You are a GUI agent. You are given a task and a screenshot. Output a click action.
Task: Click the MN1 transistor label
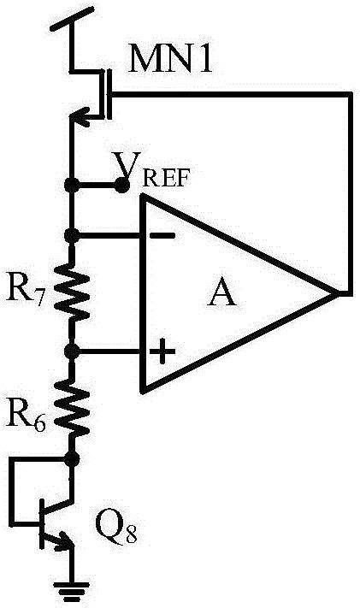coord(170,58)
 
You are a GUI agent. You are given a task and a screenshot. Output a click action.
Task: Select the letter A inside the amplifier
coord(221,292)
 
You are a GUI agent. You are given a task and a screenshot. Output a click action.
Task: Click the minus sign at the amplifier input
coord(162,235)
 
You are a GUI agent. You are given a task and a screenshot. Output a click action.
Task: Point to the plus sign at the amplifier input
coord(162,351)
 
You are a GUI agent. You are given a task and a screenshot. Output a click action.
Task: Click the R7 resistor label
coord(24,292)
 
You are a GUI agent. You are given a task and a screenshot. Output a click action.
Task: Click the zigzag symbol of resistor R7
coord(71,292)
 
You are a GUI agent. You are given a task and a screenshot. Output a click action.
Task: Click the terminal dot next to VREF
coord(121,186)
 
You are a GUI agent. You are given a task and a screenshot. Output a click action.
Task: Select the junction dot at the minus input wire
coord(71,235)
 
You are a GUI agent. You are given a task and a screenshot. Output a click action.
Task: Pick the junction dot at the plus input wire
coord(71,351)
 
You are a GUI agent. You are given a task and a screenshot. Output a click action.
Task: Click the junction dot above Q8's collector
coord(72,459)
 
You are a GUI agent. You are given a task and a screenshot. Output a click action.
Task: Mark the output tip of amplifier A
coord(336,293)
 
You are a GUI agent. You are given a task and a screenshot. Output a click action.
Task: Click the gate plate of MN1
coord(109,94)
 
